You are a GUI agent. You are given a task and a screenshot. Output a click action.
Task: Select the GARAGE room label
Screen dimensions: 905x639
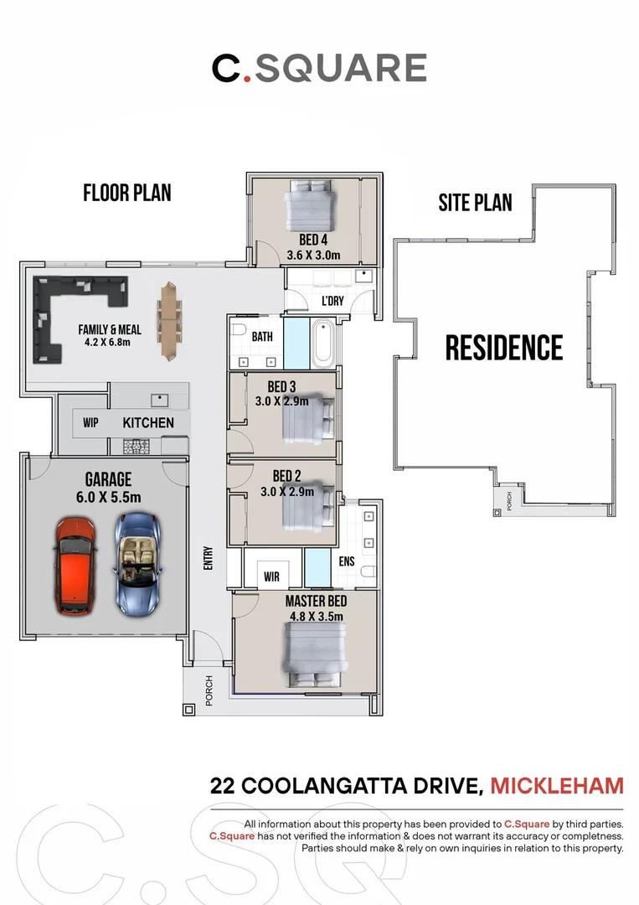pyautogui.click(x=108, y=479)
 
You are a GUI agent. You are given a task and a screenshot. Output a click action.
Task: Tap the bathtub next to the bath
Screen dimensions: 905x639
pyautogui.click(x=322, y=344)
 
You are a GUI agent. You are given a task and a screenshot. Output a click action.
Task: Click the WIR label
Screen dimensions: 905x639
pyautogui.click(x=271, y=577)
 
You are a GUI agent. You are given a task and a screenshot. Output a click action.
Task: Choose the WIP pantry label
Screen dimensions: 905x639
pyautogui.click(x=90, y=423)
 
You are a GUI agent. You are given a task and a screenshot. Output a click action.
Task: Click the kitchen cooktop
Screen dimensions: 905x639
pyautogui.click(x=137, y=447)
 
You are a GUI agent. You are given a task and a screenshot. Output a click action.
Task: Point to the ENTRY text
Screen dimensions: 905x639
pyautogui.click(x=208, y=559)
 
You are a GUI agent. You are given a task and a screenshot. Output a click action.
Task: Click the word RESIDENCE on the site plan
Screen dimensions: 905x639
pyautogui.click(x=503, y=347)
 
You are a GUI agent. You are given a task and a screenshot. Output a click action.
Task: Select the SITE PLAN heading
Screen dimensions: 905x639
pyautogui.click(x=475, y=202)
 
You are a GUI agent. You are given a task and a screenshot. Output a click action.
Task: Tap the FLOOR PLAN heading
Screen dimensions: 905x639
pyautogui.click(x=126, y=193)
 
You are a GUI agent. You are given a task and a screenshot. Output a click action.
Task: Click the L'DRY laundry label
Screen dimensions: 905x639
pyautogui.click(x=332, y=301)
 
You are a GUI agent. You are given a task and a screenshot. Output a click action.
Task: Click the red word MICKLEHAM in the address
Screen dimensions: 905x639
pyautogui.click(x=557, y=786)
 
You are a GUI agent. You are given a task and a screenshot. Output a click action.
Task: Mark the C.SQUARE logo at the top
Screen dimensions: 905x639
pyautogui.click(x=319, y=69)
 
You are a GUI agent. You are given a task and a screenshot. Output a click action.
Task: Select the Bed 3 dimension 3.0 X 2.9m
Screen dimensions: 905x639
pyautogui.click(x=282, y=401)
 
